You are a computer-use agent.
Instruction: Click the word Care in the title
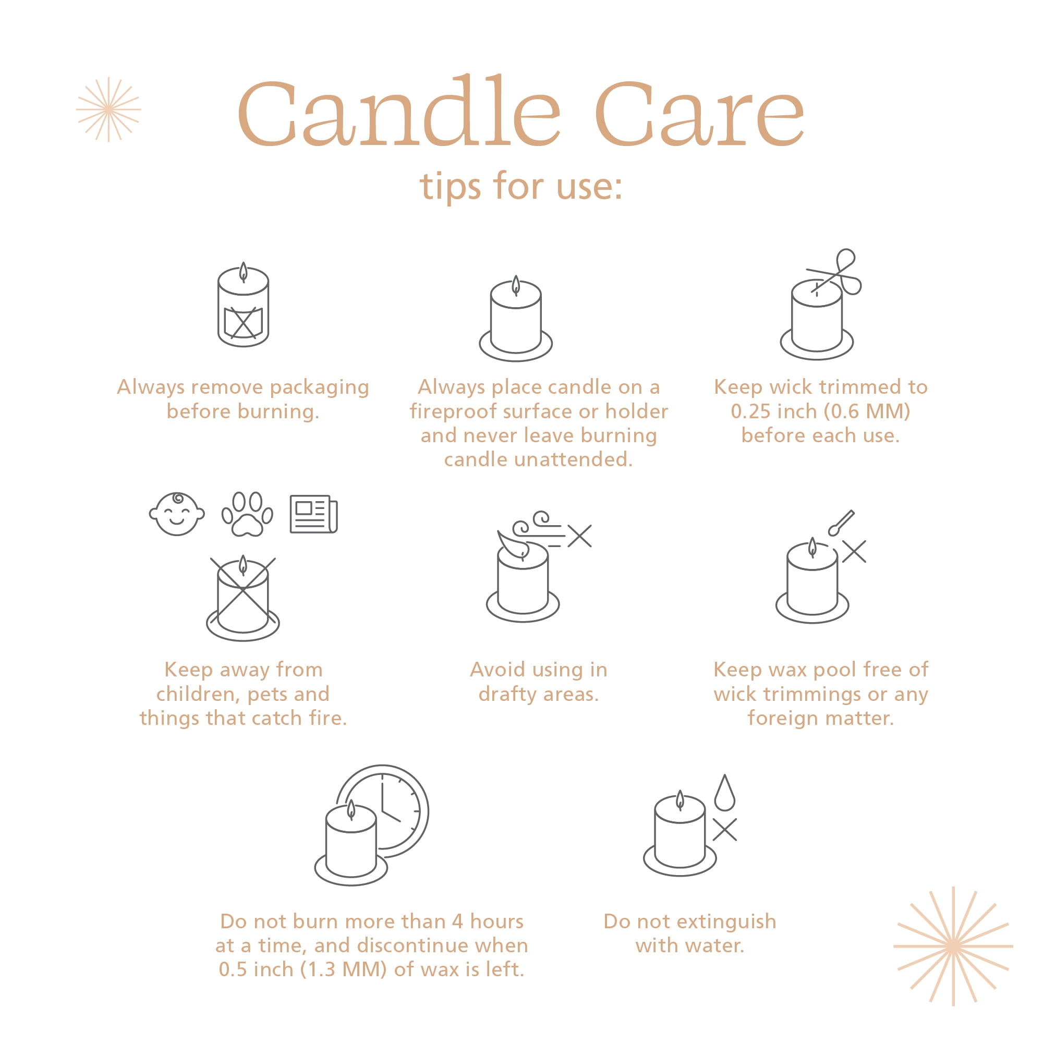(700, 113)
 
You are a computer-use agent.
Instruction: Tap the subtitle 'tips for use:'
(521, 186)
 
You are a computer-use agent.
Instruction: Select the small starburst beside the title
(108, 110)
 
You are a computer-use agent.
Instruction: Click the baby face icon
(177, 514)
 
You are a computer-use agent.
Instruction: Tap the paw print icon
(248, 514)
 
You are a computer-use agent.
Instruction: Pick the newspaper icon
(313, 514)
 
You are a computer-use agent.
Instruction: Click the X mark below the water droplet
(724, 830)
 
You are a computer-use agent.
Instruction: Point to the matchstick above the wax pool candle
(841, 523)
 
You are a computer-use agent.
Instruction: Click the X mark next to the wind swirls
(580, 536)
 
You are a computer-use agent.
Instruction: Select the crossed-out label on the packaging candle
(244, 323)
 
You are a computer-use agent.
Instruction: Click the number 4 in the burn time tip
(457, 921)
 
